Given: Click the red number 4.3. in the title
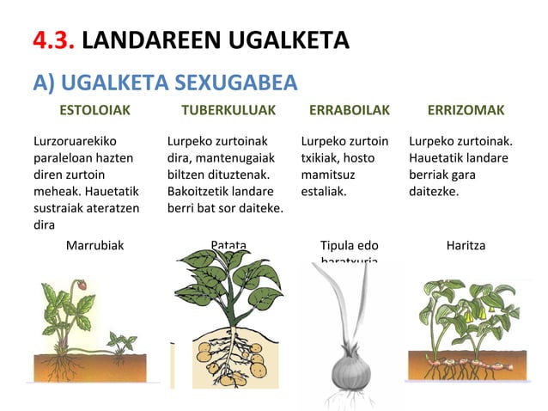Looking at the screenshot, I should pyautogui.click(x=57, y=40).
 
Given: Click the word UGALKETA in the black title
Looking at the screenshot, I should pyautogui.click(x=283, y=40).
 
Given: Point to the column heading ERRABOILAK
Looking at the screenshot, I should pyautogui.click(x=349, y=111).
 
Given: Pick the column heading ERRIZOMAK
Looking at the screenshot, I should pyautogui.click(x=466, y=111).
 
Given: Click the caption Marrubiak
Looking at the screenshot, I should pyautogui.click(x=94, y=245).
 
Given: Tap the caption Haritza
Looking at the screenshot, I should pyautogui.click(x=466, y=245).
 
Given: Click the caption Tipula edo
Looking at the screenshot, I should pyautogui.click(x=349, y=245).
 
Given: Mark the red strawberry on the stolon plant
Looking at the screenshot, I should pyautogui.click(x=82, y=285).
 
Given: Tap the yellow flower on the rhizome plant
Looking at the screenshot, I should pyautogui.click(x=470, y=316).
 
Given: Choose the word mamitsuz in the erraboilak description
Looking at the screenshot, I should pyautogui.click(x=328, y=174).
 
